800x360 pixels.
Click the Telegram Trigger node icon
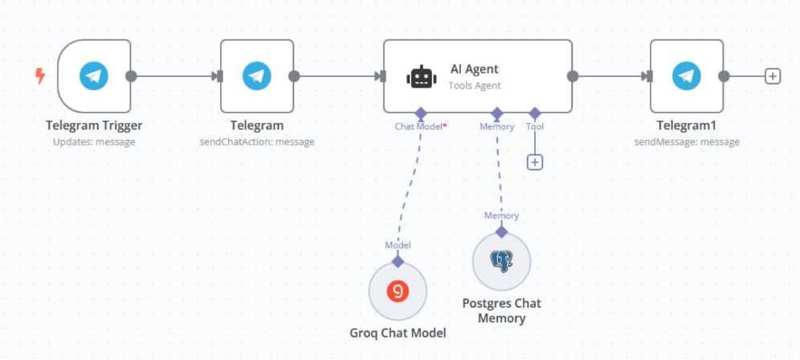tap(94, 76)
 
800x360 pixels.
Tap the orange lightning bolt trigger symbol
tap(40, 76)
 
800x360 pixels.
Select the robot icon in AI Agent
tap(422, 77)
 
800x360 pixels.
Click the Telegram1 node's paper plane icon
tap(686, 76)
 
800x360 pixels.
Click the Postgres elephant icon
tap(502, 260)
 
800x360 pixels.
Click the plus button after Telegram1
tap(772, 76)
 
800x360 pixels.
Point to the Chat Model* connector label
tap(420, 126)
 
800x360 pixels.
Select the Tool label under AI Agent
tap(534, 126)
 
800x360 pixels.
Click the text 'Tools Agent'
tap(475, 85)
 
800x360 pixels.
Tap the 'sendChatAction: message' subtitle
tap(257, 142)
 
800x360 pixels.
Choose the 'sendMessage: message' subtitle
tap(686, 142)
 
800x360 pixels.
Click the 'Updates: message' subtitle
tap(94, 142)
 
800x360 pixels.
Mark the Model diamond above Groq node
tap(398, 260)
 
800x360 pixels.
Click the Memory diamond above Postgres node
tap(501, 231)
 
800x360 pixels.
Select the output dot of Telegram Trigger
tap(132, 76)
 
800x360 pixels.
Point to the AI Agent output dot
tap(573, 76)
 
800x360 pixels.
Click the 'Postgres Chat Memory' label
tap(502, 311)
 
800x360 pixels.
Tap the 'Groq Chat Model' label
tap(398, 333)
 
